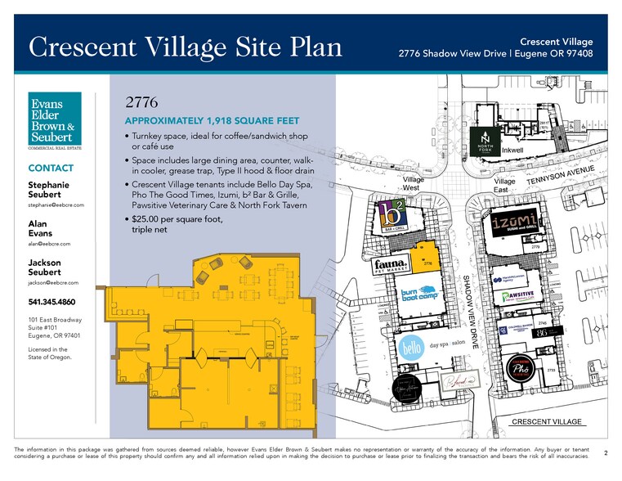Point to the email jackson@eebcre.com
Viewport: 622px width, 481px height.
(51, 282)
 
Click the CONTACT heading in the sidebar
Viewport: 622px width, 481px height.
(51, 169)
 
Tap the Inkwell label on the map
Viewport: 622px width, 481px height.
(512, 151)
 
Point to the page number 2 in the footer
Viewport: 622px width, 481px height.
(605, 452)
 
